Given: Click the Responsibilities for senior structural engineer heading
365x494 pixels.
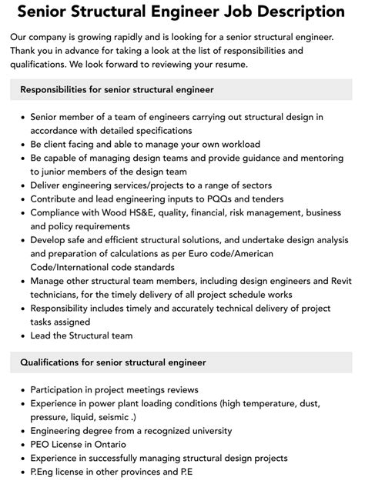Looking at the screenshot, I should pyautogui.click(x=117, y=90).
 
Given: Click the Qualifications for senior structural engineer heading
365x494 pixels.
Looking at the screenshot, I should pyautogui.click(x=112, y=362).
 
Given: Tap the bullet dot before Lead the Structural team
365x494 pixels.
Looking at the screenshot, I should pyautogui.click(x=22, y=335).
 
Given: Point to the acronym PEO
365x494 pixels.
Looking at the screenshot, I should pyautogui.click(x=40, y=445).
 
